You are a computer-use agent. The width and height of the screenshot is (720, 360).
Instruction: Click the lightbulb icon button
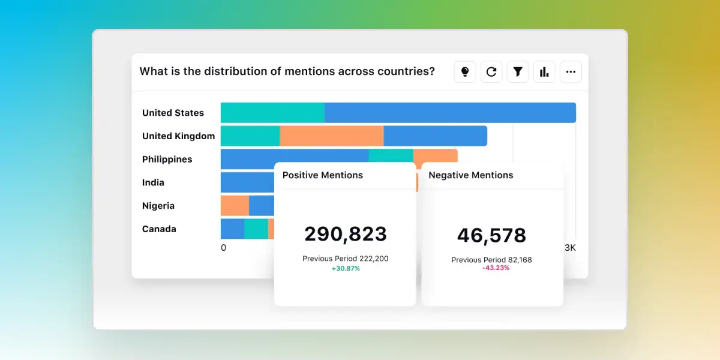pyautogui.click(x=464, y=72)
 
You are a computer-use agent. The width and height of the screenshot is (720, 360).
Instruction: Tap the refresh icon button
pyautogui.click(x=491, y=72)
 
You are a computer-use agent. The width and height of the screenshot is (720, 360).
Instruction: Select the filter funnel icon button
pyautogui.click(x=518, y=72)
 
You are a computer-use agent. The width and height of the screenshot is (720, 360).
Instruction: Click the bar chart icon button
pyautogui.click(x=544, y=72)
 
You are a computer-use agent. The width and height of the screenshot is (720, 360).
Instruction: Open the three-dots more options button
pyautogui.click(x=571, y=72)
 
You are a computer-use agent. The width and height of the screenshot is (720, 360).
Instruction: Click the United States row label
pyautogui.click(x=173, y=113)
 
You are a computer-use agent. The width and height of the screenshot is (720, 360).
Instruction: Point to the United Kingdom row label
pyautogui.click(x=178, y=136)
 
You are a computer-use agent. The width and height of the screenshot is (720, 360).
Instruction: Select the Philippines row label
pyautogui.click(x=167, y=160)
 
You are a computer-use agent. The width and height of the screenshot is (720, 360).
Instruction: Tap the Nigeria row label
pyautogui.click(x=158, y=206)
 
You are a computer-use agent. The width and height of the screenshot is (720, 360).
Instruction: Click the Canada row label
pyautogui.click(x=159, y=229)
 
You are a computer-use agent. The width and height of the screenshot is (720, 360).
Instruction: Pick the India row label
pyautogui.click(x=153, y=182)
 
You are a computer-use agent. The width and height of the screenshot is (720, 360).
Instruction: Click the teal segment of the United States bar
pyautogui.click(x=272, y=113)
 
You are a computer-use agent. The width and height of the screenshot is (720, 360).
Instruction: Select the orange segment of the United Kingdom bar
pyautogui.click(x=331, y=136)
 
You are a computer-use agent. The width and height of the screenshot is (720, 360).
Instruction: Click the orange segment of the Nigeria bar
pyautogui.click(x=235, y=206)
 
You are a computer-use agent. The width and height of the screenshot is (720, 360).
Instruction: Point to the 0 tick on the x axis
pyautogui.click(x=223, y=248)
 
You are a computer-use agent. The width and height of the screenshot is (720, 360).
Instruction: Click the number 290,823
pyautogui.click(x=345, y=234)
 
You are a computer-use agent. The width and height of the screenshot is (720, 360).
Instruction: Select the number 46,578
pyautogui.click(x=491, y=235)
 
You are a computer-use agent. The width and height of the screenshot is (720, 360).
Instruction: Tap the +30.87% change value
pyautogui.click(x=345, y=268)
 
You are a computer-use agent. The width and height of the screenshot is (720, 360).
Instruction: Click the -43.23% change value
pyautogui.click(x=496, y=268)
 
